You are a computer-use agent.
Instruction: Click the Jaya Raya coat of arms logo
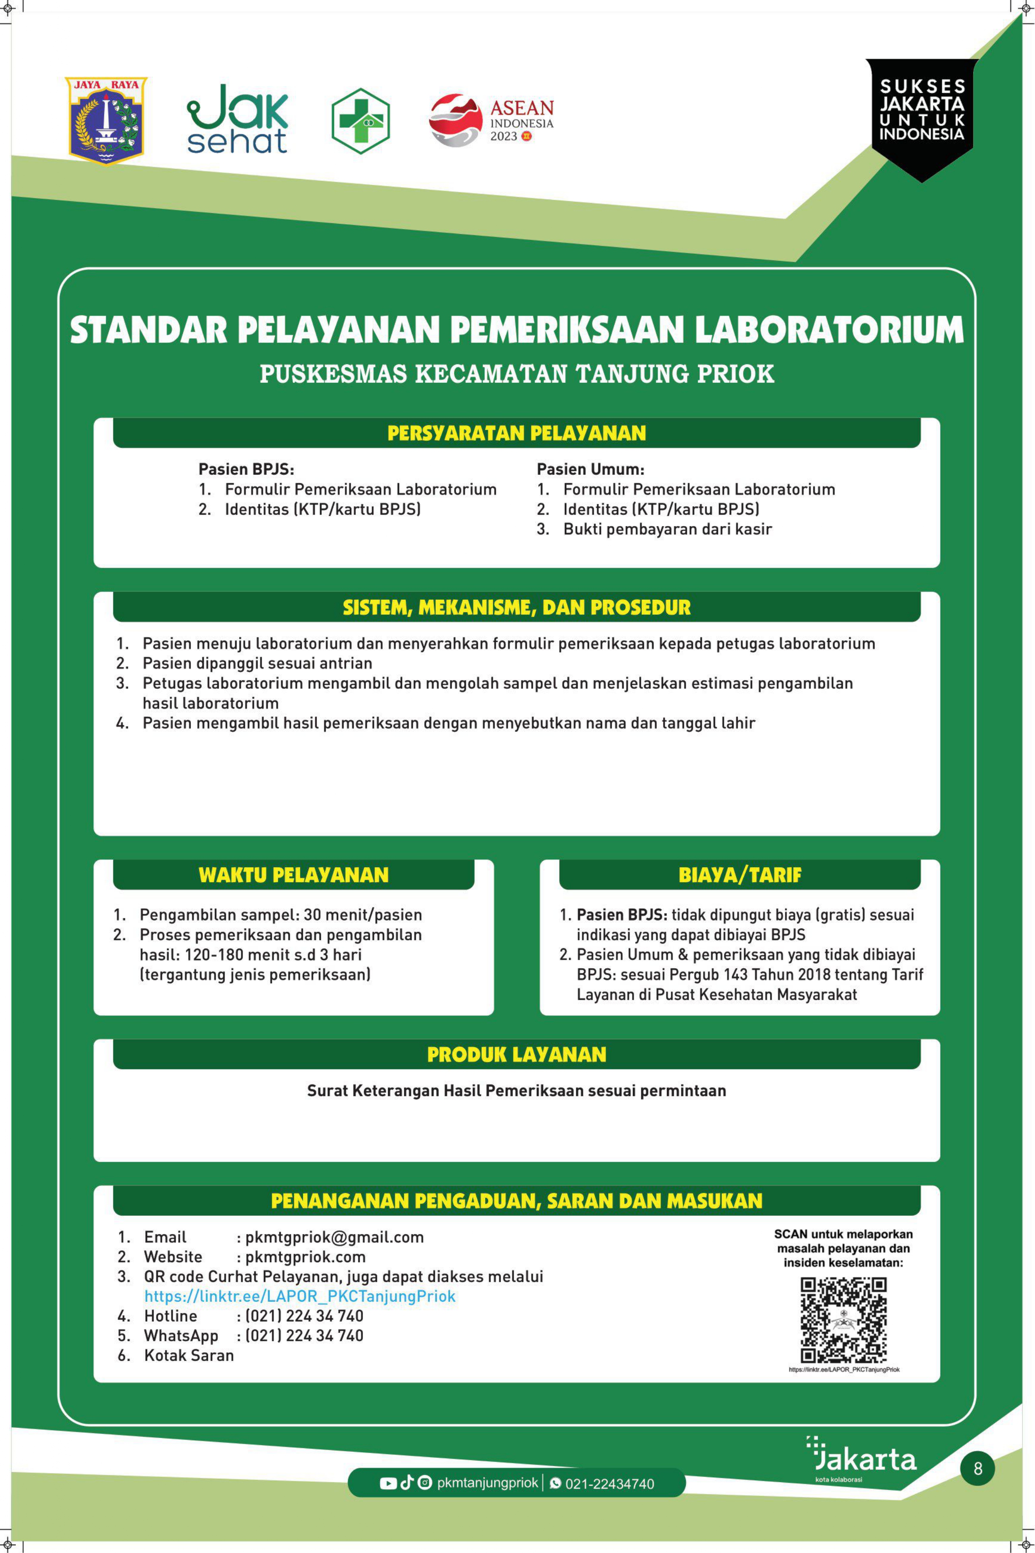(106, 120)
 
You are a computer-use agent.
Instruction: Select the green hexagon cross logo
(361, 121)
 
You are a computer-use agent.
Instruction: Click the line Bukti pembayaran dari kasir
(667, 529)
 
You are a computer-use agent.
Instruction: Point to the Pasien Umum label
(590, 469)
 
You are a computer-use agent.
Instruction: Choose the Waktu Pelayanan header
(294, 875)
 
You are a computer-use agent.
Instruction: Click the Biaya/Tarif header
(739, 875)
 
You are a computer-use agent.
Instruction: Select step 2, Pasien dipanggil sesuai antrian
(257, 663)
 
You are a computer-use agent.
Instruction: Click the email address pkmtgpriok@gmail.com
(334, 1237)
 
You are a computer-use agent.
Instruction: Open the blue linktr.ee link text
(300, 1296)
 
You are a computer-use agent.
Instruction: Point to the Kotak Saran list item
(189, 1355)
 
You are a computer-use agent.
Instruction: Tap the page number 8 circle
(978, 1469)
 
